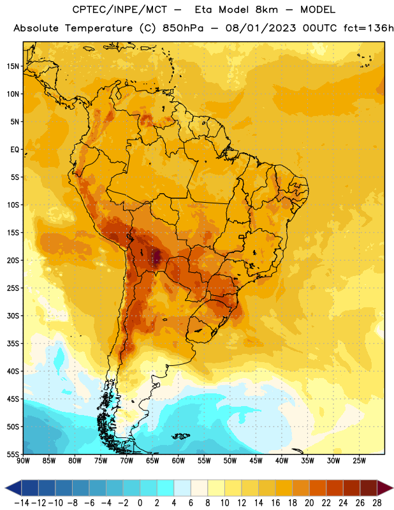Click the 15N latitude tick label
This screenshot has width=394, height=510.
pos(13,66)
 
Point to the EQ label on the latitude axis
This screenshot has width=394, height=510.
pos(15,150)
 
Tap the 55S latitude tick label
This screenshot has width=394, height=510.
pos(13,455)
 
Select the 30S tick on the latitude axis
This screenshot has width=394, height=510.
pos(13,316)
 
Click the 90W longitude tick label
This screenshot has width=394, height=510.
pos(23,461)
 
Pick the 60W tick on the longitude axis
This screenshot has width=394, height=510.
pos(179,461)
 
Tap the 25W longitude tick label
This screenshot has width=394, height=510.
pos(359,461)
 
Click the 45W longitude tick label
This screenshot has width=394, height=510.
pos(256,461)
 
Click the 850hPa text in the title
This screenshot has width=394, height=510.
pos(183,28)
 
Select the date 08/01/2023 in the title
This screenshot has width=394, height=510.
pos(261,28)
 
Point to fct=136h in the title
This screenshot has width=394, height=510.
pos(368,28)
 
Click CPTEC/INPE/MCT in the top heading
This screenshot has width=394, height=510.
pos(119,10)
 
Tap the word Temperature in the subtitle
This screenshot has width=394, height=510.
pos(99,28)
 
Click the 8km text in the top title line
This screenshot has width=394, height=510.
pos(266,10)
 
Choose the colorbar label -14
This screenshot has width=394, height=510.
pos(22,503)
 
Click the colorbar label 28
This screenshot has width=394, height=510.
pos(377,503)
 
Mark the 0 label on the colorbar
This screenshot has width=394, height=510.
pos(140,503)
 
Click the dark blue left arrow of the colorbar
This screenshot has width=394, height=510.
pos(13,488)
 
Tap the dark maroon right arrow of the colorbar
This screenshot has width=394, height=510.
pos(386,488)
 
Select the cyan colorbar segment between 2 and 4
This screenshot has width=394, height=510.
pos(166,488)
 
